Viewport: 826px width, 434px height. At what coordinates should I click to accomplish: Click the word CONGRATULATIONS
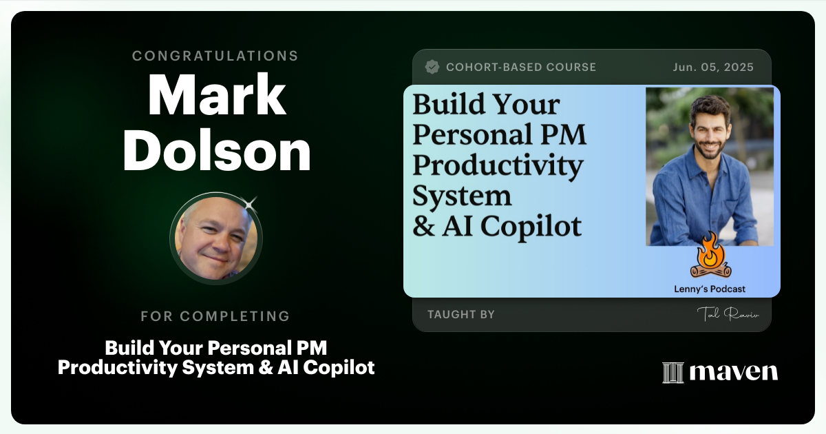pyautogui.click(x=215, y=56)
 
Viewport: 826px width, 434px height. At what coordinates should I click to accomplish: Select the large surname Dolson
pyautogui.click(x=216, y=152)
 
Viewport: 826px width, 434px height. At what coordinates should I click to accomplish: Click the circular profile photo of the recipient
pyautogui.click(x=215, y=238)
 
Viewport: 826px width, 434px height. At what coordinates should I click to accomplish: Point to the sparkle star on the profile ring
pyautogui.click(x=249, y=203)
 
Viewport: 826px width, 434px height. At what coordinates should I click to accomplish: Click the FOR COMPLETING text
pyautogui.click(x=215, y=317)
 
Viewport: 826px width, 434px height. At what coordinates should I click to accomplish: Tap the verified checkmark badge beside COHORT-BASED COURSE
pyautogui.click(x=432, y=67)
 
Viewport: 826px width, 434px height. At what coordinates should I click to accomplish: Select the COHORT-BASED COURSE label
pyautogui.click(x=521, y=68)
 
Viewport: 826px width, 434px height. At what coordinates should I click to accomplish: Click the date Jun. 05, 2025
pyautogui.click(x=713, y=68)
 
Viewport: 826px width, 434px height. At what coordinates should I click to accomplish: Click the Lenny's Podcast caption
pyautogui.click(x=710, y=289)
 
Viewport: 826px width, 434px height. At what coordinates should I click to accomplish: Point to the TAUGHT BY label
pyautogui.click(x=461, y=315)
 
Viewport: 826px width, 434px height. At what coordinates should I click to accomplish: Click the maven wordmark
pyautogui.click(x=734, y=372)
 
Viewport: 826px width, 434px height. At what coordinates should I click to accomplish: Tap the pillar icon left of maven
pyautogui.click(x=673, y=373)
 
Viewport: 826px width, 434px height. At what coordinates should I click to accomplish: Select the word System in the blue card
pyautogui.click(x=462, y=196)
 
